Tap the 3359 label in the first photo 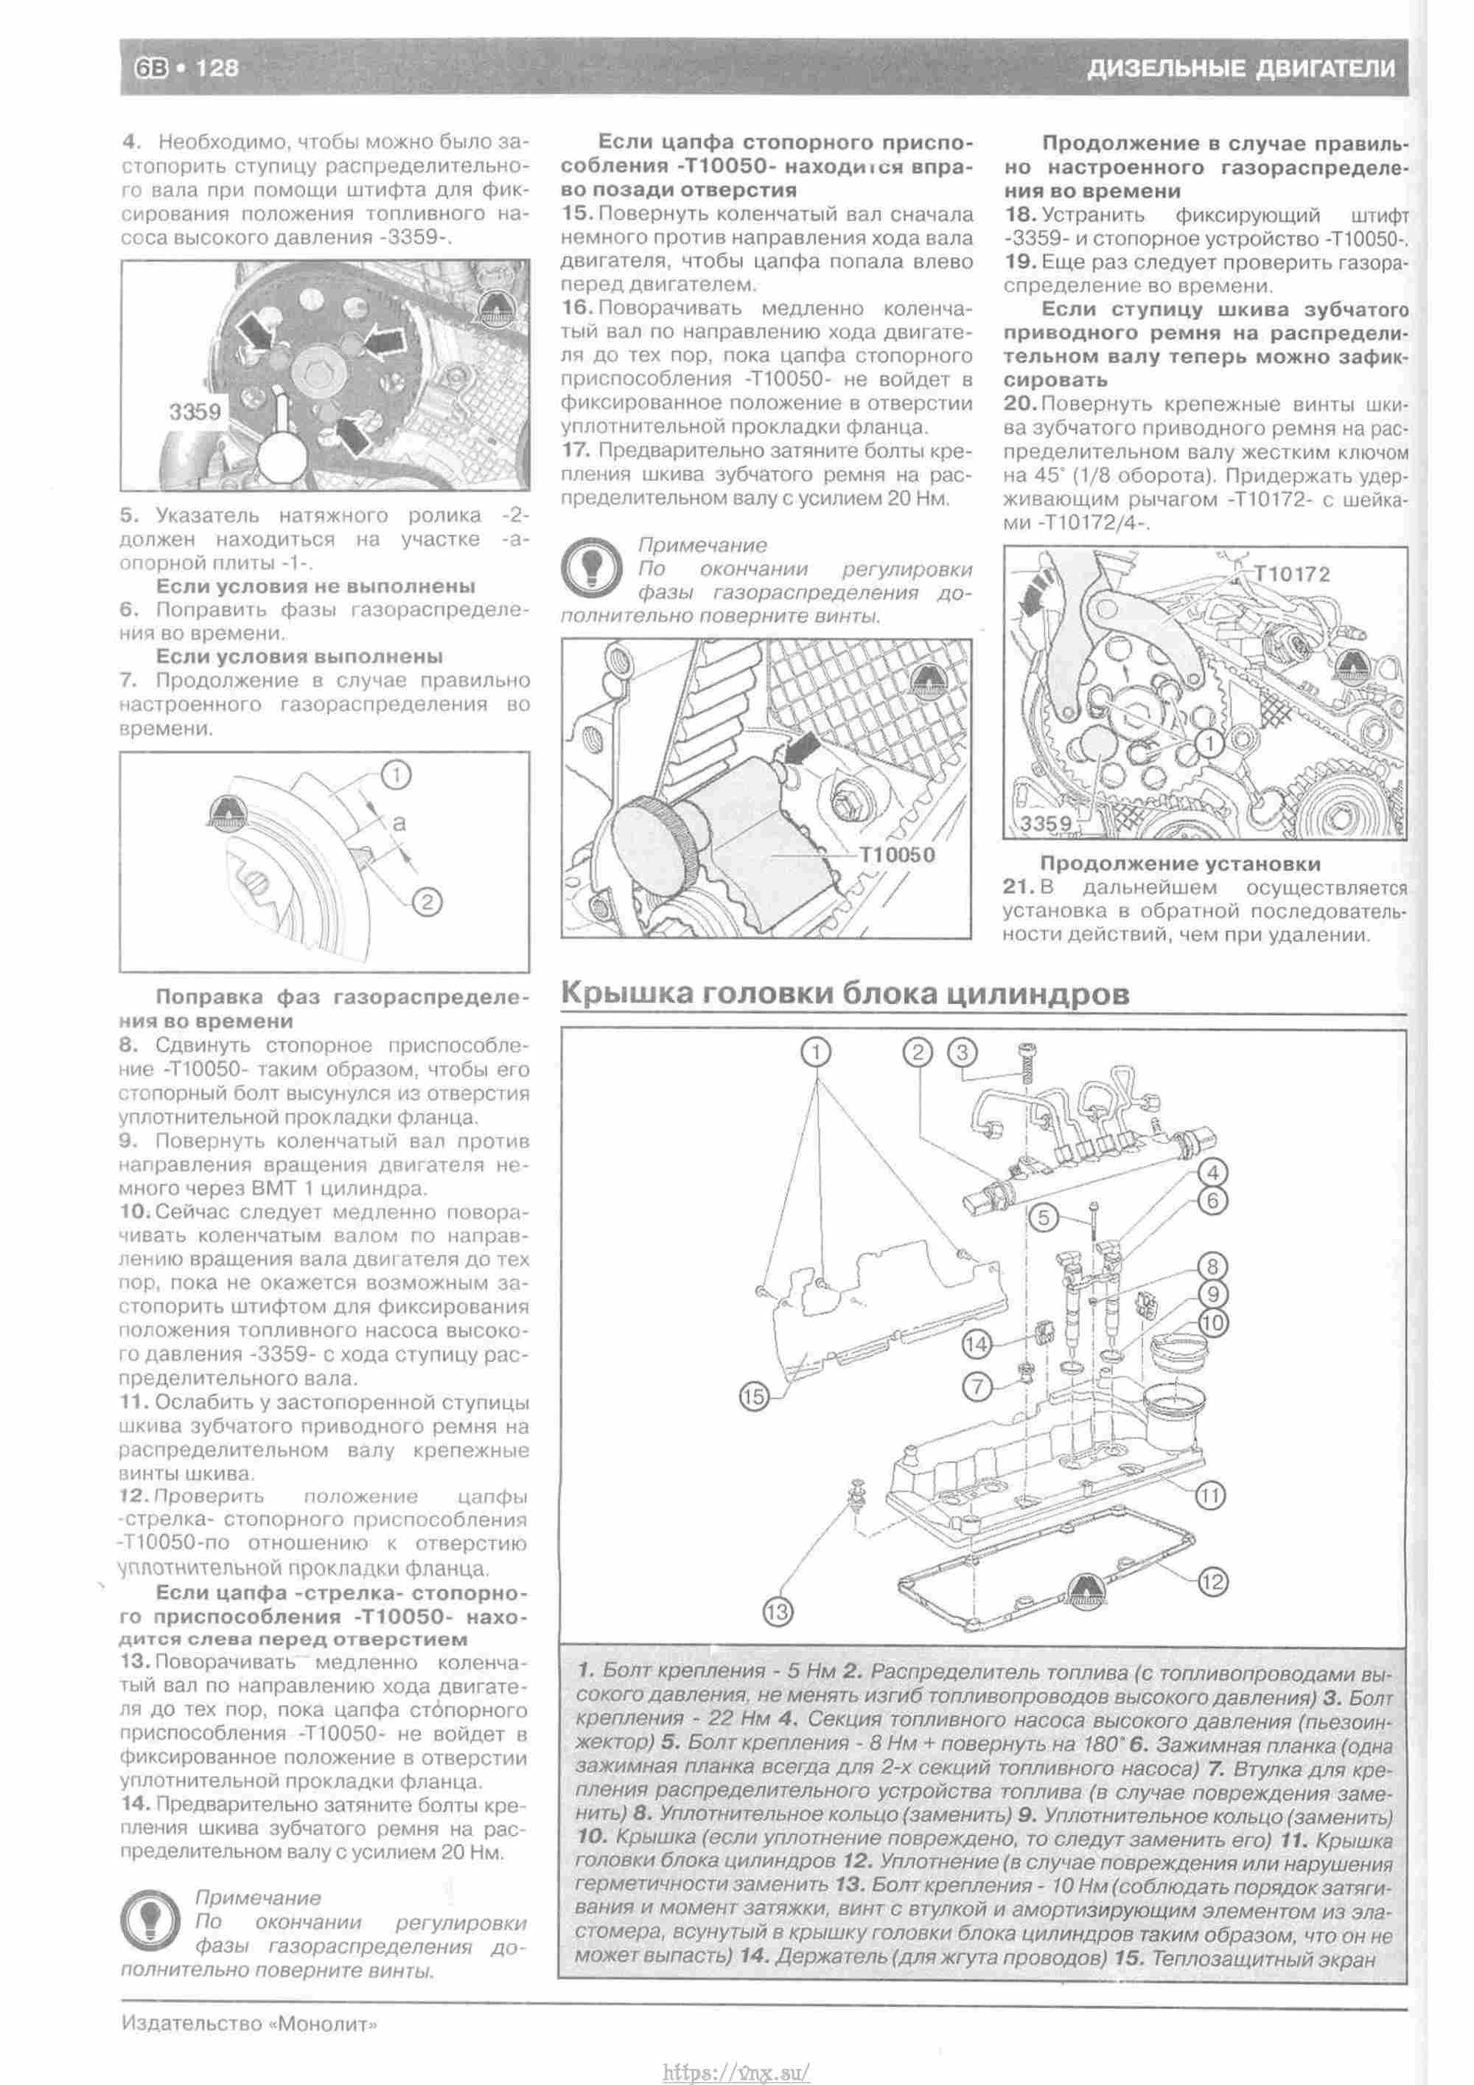click(x=195, y=412)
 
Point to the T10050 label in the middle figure click(x=897, y=855)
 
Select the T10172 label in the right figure click(x=1293, y=573)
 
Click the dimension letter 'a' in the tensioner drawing click(x=399, y=823)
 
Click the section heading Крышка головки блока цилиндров click(x=845, y=993)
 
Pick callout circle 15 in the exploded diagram click(x=754, y=1397)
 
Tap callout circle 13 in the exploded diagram click(x=778, y=1613)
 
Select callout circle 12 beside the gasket click(x=1212, y=1582)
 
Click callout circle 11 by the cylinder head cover click(x=1211, y=1495)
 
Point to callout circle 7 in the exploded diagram click(x=977, y=1386)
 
